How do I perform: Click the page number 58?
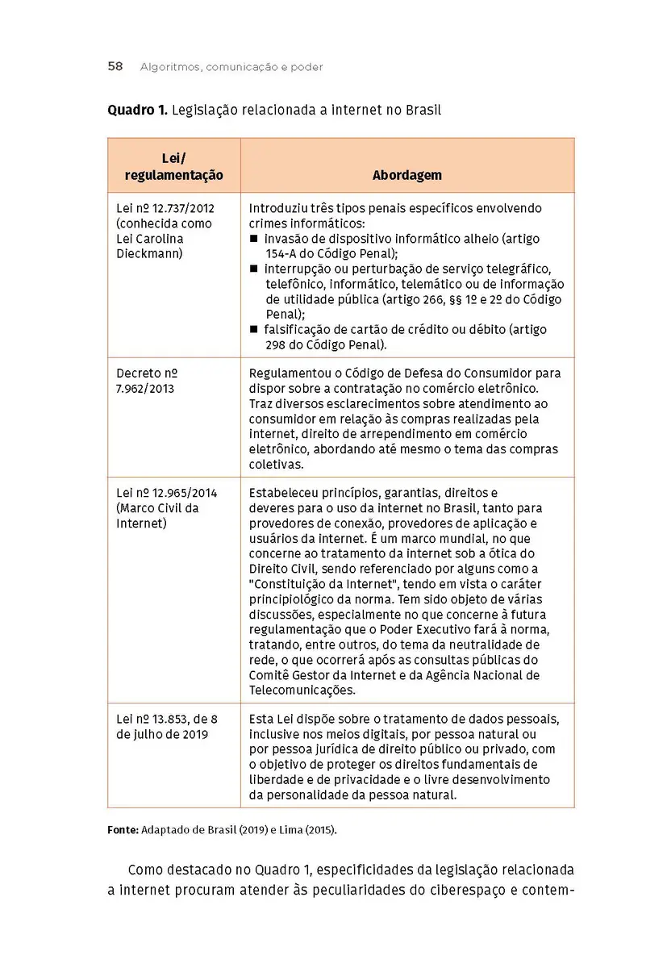point(115,67)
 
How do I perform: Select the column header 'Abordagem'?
point(406,175)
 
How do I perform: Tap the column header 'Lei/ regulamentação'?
point(173,166)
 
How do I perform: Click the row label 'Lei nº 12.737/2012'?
point(165,208)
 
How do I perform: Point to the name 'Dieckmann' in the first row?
point(149,254)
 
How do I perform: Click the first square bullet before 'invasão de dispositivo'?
point(254,240)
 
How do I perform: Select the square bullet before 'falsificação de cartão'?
point(254,330)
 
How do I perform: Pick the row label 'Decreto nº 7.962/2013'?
point(147,381)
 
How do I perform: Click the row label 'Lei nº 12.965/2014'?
point(167,493)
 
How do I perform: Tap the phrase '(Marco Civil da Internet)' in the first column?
point(157,515)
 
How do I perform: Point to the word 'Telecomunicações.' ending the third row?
point(302,691)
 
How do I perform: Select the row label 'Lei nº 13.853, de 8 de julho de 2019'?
point(167,726)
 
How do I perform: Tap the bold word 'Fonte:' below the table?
point(123,829)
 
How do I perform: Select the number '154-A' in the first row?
point(283,254)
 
